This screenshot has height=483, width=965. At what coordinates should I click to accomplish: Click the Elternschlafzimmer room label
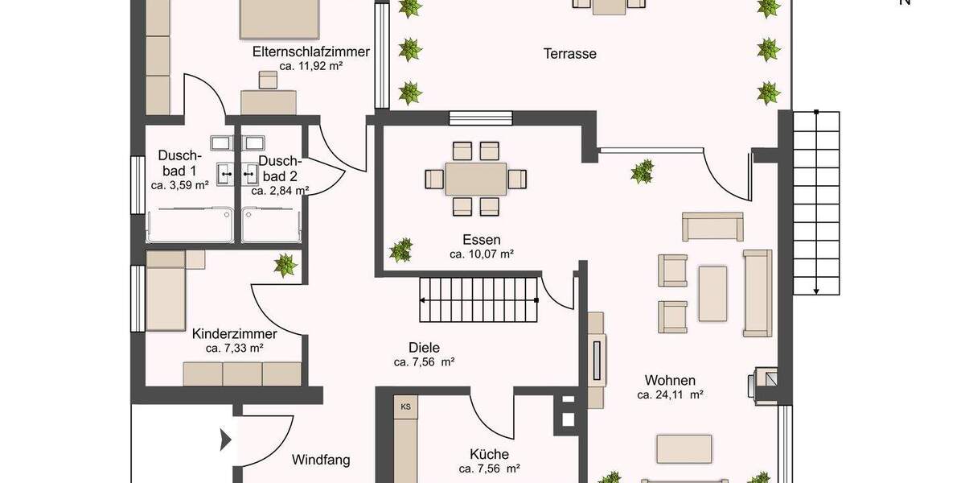point(310,52)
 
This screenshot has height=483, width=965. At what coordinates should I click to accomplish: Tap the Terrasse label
point(569,54)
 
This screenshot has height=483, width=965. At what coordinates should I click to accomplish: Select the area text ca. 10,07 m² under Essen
point(481,254)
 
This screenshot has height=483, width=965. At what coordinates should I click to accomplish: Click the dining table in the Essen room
point(476,179)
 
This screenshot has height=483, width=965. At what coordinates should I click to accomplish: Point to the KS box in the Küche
point(405,407)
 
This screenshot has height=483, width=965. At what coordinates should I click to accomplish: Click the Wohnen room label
point(669,381)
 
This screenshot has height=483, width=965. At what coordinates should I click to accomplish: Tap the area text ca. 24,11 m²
point(670,395)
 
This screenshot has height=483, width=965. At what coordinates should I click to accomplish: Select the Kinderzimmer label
point(234,334)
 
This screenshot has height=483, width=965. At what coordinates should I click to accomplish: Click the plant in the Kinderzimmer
point(284,264)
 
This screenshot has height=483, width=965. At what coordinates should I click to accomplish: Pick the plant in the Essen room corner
point(400,249)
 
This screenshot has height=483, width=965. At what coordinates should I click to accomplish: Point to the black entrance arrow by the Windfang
point(226,440)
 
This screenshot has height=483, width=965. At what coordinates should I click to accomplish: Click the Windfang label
point(321,460)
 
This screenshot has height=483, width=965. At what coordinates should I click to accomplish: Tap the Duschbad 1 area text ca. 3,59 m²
point(179,185)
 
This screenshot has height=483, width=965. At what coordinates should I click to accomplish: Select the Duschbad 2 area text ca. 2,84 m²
point(279,191)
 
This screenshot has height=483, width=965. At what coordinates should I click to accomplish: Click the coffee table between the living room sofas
point(712,294)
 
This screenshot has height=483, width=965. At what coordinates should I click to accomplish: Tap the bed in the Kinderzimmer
point(166,285)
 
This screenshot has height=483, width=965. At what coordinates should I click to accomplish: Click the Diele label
point(424,348)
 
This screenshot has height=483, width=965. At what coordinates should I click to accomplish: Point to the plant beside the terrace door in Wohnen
point(642,171)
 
